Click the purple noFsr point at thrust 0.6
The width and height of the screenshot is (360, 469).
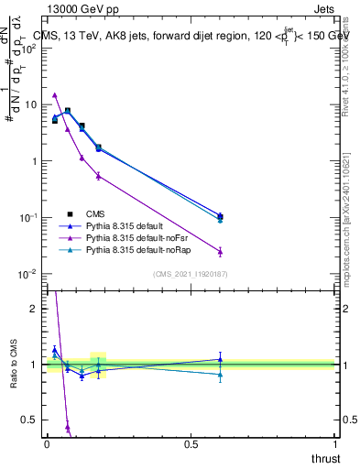point(220,251)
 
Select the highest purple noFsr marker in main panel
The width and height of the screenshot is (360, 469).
point(55,94)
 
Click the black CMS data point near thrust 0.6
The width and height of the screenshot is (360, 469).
point(220,217)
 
